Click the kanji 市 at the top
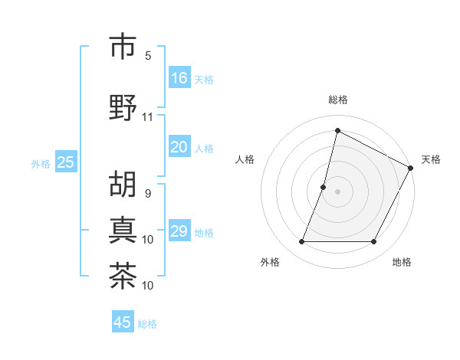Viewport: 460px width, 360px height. (123, 47)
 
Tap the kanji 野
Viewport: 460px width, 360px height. (123, 107)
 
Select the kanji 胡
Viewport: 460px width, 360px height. (123, 184)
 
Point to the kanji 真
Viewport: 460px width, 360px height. (123, 229)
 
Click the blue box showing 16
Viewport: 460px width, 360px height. (179, 77)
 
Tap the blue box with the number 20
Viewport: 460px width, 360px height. (179, 148)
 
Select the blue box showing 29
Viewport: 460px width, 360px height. (179, 232)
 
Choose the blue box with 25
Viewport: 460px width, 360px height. (65, 162)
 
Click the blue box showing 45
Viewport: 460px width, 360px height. (123, 322)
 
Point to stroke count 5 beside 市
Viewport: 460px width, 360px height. (148, 56)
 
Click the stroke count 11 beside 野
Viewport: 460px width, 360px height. (147, 117)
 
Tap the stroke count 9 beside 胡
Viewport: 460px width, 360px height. (148, 193)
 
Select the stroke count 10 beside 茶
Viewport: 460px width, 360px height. (148, 286)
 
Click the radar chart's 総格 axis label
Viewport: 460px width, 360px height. (338, 100)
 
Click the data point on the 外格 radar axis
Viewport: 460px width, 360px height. (301, 242)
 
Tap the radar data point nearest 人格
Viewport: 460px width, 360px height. (324, 187)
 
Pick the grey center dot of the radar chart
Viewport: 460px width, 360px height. (337, 191)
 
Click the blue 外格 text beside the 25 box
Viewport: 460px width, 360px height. (41, 163)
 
